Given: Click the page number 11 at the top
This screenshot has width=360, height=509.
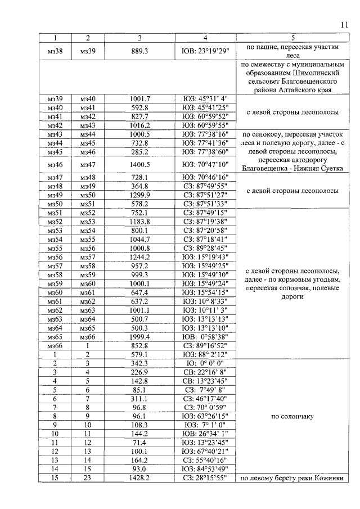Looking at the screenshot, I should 344,25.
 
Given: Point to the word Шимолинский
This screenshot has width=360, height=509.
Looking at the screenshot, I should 315,73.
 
